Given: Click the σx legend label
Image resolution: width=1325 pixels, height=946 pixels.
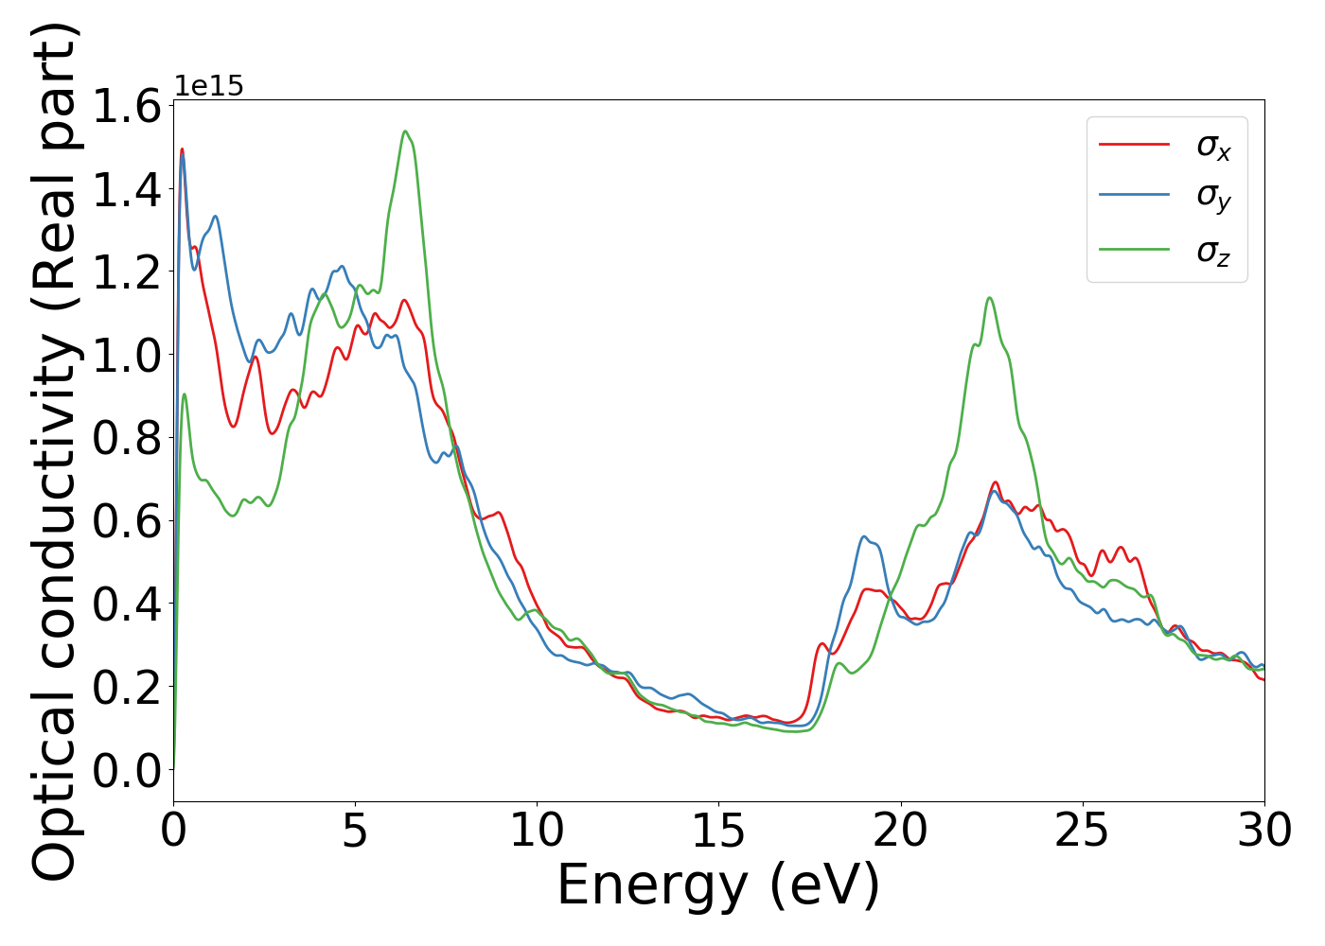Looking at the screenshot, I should pyautogui.click(x=1213, y=146).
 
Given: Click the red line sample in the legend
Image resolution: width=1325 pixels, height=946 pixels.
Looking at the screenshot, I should pyautogui.click(x=1134, y=145).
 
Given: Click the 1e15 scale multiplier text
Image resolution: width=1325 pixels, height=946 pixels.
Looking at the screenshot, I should pyautogui.click(x=209, y=87).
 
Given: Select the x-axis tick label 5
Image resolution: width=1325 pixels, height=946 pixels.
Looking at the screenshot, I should pyautogui.click(x=355, y=832).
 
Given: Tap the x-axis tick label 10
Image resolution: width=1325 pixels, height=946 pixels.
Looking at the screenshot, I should pyautogui.click(x=537, y=832).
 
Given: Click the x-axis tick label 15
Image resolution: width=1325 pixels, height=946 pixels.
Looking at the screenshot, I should pyautogui.click(x=718, y=832).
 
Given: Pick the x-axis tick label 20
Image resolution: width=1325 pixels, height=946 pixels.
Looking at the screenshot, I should pyautogui.click(x=900, y=832).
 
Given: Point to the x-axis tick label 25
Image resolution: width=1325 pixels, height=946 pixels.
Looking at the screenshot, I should pyautogui.click(x=1082, y=832).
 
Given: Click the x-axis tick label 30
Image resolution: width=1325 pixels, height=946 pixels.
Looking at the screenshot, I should pyautogui.click(x=1263, y=832).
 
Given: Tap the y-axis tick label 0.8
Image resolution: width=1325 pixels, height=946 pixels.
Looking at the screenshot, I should pyautogui.click(x=127, y=439).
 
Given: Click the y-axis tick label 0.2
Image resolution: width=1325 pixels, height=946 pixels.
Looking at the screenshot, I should pyautogui.click(x=127, y=688).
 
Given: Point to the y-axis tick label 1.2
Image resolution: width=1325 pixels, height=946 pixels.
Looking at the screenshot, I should pyautogui.click(x=127, y=272).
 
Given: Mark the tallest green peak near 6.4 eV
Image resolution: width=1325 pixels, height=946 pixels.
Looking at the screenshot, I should pyautogui.click(x=405, y=131).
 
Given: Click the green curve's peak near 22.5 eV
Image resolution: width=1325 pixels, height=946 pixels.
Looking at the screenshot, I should pyautogui.click(x=989, y=298).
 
